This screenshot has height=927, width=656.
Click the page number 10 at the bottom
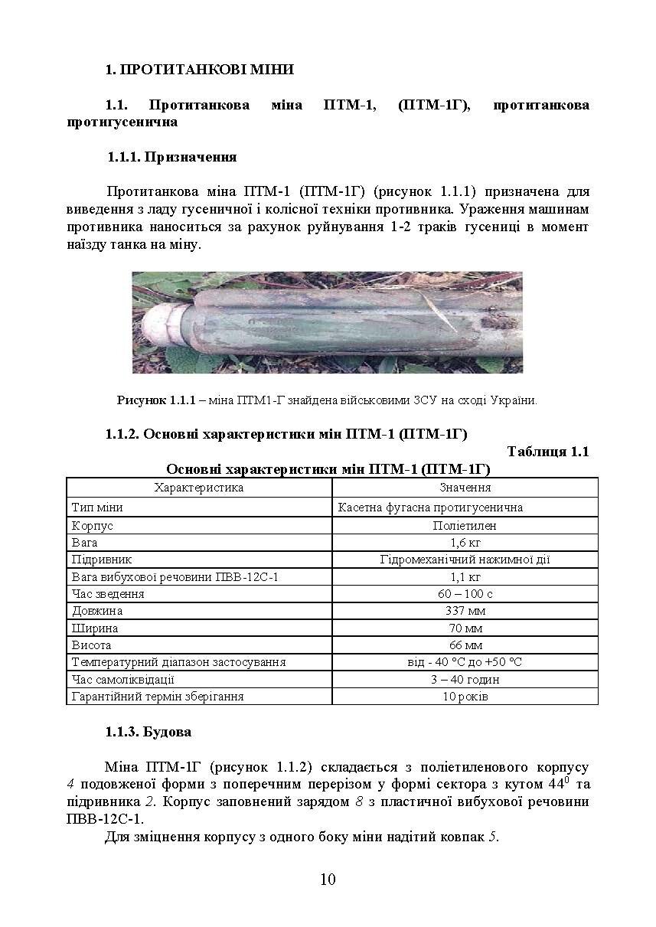point(328,879)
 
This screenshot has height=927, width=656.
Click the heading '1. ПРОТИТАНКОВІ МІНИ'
point(200,70)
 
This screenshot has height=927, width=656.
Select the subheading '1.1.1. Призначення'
point(172,158)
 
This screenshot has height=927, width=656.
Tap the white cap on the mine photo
point(164,326)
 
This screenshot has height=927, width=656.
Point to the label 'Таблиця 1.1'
point(547,452)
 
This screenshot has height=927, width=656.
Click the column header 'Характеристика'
point(199,488)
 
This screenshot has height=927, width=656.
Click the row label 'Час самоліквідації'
point(123,680)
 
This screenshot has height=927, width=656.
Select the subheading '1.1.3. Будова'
point(148,733)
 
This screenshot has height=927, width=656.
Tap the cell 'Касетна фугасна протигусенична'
point(430,508)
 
